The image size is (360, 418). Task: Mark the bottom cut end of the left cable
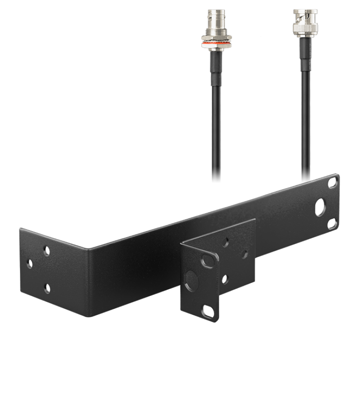[x=216, y=181]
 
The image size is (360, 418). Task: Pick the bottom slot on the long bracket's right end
[x=332, y=223]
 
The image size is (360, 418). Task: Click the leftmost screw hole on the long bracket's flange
[x=30, y=264]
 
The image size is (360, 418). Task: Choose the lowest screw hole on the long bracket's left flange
[x=47, y=288]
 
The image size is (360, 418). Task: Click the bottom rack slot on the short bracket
[x=206, y=311]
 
